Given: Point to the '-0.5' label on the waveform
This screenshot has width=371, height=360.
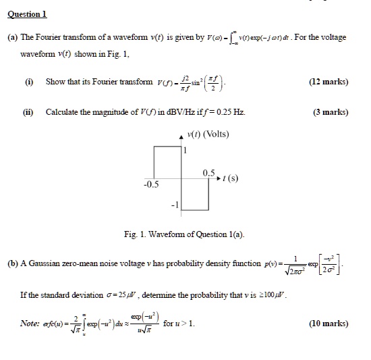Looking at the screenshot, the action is tap(150, 184).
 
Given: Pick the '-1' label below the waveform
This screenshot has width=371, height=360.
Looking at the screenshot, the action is tap(175, 205).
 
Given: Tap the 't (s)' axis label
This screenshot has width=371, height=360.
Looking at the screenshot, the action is tap(230, 179).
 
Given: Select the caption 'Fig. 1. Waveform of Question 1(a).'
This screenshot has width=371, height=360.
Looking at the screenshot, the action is tap(185, 234).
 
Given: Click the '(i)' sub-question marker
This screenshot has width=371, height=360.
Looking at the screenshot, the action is tap(29, 82).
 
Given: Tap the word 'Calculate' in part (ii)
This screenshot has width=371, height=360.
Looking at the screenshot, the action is tap(63, 112).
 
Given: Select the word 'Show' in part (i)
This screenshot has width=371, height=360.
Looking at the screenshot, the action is tap(56, 82).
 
